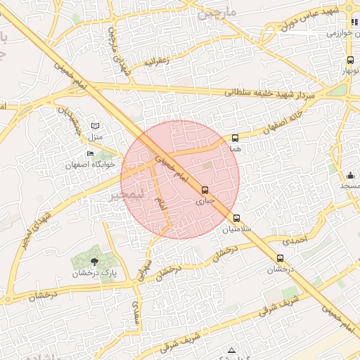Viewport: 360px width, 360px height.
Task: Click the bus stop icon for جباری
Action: click(x=205, y=190)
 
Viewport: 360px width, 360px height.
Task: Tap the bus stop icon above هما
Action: click(x=235, y=139)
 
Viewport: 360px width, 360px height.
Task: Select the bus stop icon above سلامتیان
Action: click(x=236, y=218)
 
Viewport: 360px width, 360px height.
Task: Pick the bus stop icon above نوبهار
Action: click(x=350, y=60)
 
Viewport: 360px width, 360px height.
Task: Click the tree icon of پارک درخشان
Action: click(x=95, y=262)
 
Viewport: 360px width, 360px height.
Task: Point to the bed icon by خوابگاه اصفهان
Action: click(x=90, y=154)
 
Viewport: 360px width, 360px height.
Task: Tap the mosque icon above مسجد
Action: click(x=350, y=175)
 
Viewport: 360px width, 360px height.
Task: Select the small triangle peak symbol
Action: click(x=231, y=349)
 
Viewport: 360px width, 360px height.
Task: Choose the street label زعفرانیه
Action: click(x=157, y=62)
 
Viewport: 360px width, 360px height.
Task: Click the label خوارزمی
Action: click(x=344, y=33)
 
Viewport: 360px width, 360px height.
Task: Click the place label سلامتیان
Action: click(x=236, y=229)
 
